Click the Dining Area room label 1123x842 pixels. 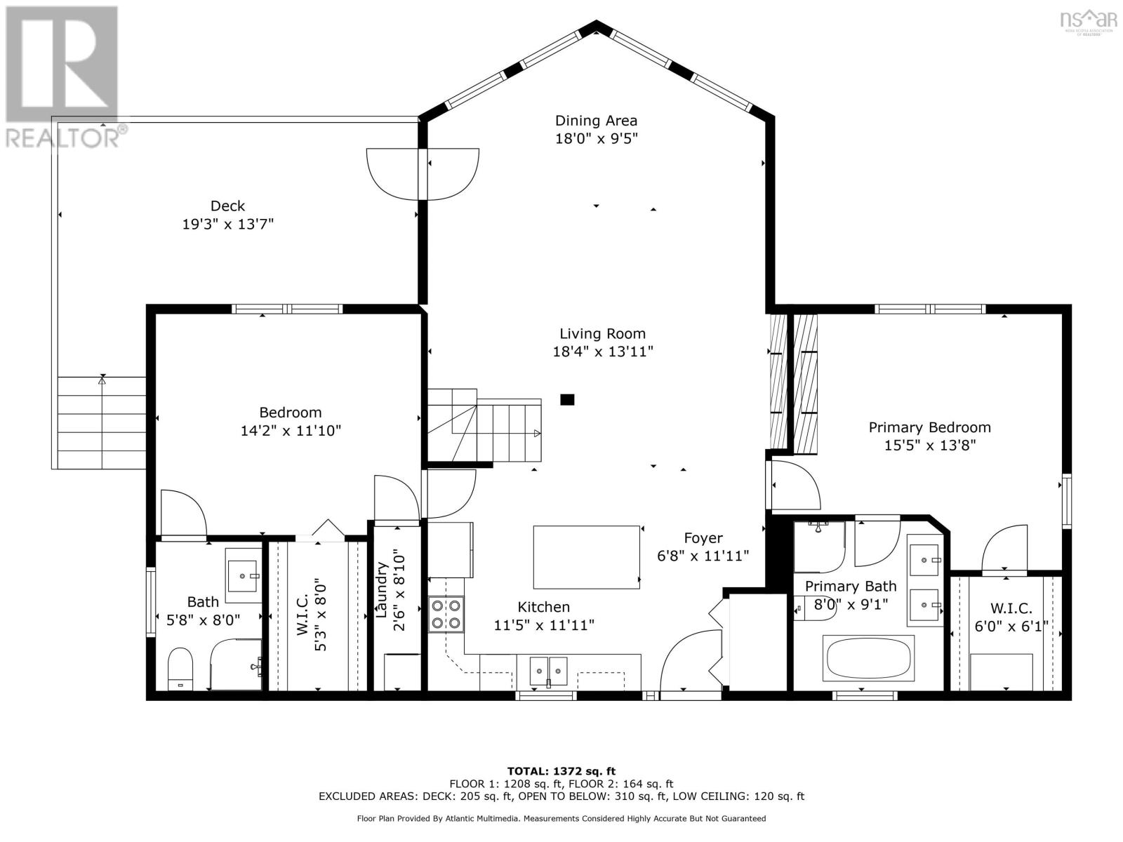point(596,121)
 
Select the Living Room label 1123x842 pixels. point(602,334)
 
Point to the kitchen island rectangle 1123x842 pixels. point(587,557)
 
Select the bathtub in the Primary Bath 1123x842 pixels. point(870,658)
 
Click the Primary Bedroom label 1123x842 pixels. point(929,427)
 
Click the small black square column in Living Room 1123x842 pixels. point(567,400)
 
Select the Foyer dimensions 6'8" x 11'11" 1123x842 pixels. point(703,556)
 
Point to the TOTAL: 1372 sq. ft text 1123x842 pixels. point(561,771)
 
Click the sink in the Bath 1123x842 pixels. point(244,575)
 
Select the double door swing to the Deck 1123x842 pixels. point(423,173)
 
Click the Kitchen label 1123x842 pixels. point(543,607)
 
